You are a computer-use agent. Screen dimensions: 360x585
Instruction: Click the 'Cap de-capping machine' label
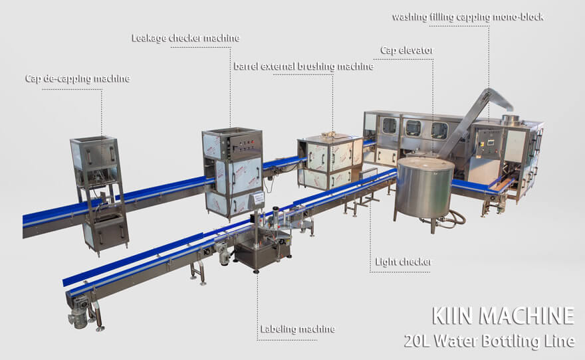pyautogui.click(x=77, y=78)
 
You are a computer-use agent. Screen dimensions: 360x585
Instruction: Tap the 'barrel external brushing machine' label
pyautogui.click(x=303, y=66)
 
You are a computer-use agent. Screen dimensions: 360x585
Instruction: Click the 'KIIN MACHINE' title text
pyautogui.click(x=503, y=315)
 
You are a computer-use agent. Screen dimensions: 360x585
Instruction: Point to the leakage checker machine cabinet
pyautogui.click(x=232, y=169)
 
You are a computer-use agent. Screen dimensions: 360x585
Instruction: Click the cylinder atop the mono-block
pyautogui.click(x=510, y=120)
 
